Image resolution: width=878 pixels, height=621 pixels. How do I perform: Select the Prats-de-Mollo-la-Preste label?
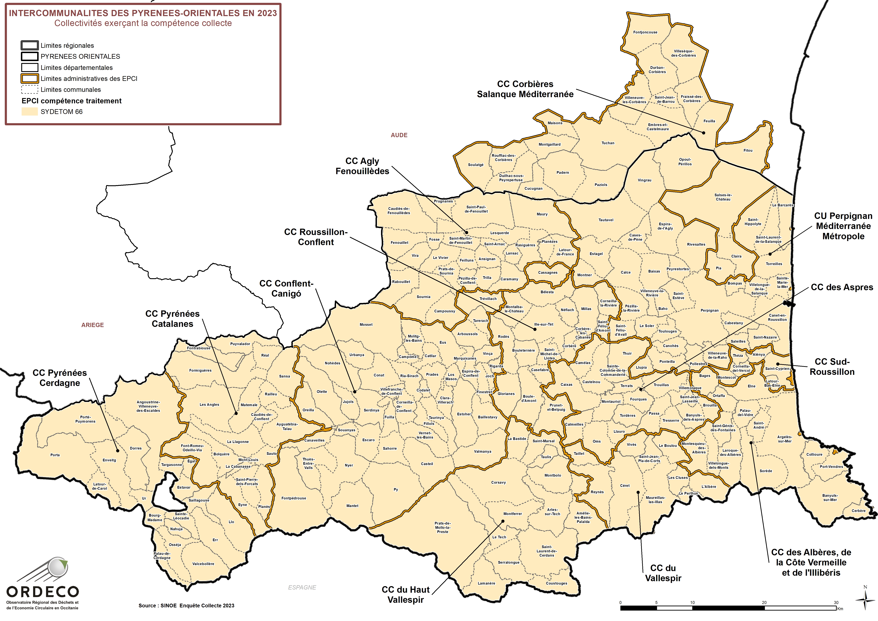[443, 527]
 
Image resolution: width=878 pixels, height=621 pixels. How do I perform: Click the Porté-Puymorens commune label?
[85, 419]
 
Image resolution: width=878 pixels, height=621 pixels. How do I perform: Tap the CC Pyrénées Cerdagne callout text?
[60, 378]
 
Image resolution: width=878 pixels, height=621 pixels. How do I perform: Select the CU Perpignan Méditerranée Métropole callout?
[843, 226]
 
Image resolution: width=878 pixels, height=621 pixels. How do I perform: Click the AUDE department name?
[399, 135]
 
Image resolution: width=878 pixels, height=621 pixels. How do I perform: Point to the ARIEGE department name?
[93, 325]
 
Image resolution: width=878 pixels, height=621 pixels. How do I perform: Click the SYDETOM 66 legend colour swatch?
[29, 112]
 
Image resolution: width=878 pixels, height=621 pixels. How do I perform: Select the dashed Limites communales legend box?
[29, 90]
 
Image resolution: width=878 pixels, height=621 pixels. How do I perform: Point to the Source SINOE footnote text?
[186, 605]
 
